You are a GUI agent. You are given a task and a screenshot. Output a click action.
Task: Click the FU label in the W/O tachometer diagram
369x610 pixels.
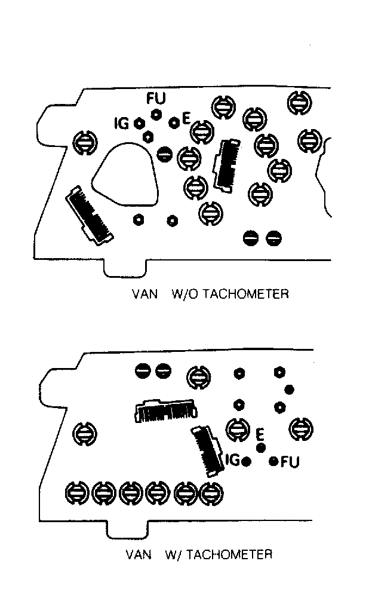pyautogui.click(x=156, y=99)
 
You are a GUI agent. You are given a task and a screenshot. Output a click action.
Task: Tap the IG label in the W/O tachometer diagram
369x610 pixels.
pyautogui.click(x=122, y=124)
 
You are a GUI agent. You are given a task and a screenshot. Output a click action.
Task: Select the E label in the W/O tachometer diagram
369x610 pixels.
pyautogui.click(x=186, y=118)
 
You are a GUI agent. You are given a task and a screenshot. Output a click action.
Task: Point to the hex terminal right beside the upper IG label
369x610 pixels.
pyautogui.click(x=138, y=124)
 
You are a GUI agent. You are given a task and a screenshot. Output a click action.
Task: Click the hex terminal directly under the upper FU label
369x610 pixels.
pyautogui.click(x=156, y=114)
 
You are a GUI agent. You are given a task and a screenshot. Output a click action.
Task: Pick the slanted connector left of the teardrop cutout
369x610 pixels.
pyautogui.click(x=90, y=215)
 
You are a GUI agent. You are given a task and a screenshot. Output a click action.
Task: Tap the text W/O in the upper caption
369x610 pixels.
pyautogui.click(x=184, y=293)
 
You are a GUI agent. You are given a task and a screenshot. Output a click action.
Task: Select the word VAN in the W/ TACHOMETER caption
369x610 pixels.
pyautogui.click(x=139, y=554)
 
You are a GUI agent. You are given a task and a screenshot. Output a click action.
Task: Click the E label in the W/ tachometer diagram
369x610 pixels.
pyautogui.click(x=260, y=433)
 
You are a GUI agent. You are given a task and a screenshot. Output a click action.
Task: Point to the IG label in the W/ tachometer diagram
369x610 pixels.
pyautogui.click(x=232, y=460)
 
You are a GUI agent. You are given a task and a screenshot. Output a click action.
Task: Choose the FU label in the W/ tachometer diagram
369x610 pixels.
pyautogui.click(x=290, y=462)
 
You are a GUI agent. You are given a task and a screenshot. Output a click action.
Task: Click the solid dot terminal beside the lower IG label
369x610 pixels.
pyautogui.click(x=246, y=462)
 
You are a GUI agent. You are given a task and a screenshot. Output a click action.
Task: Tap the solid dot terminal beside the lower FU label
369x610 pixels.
pyautogui.click(x=274, y=461)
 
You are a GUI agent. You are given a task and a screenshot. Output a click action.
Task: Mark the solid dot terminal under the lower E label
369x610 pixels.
pyautogui.click(x=261, y=447)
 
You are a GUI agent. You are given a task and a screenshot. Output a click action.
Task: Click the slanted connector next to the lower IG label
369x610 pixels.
pyautogui.click(x=207, y=450)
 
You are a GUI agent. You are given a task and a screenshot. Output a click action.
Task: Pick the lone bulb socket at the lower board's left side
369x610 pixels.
pyautogui.click(x=85, y=433)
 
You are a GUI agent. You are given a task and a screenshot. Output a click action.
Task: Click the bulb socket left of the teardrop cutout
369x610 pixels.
pyautogui.click(x=85, y=142)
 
